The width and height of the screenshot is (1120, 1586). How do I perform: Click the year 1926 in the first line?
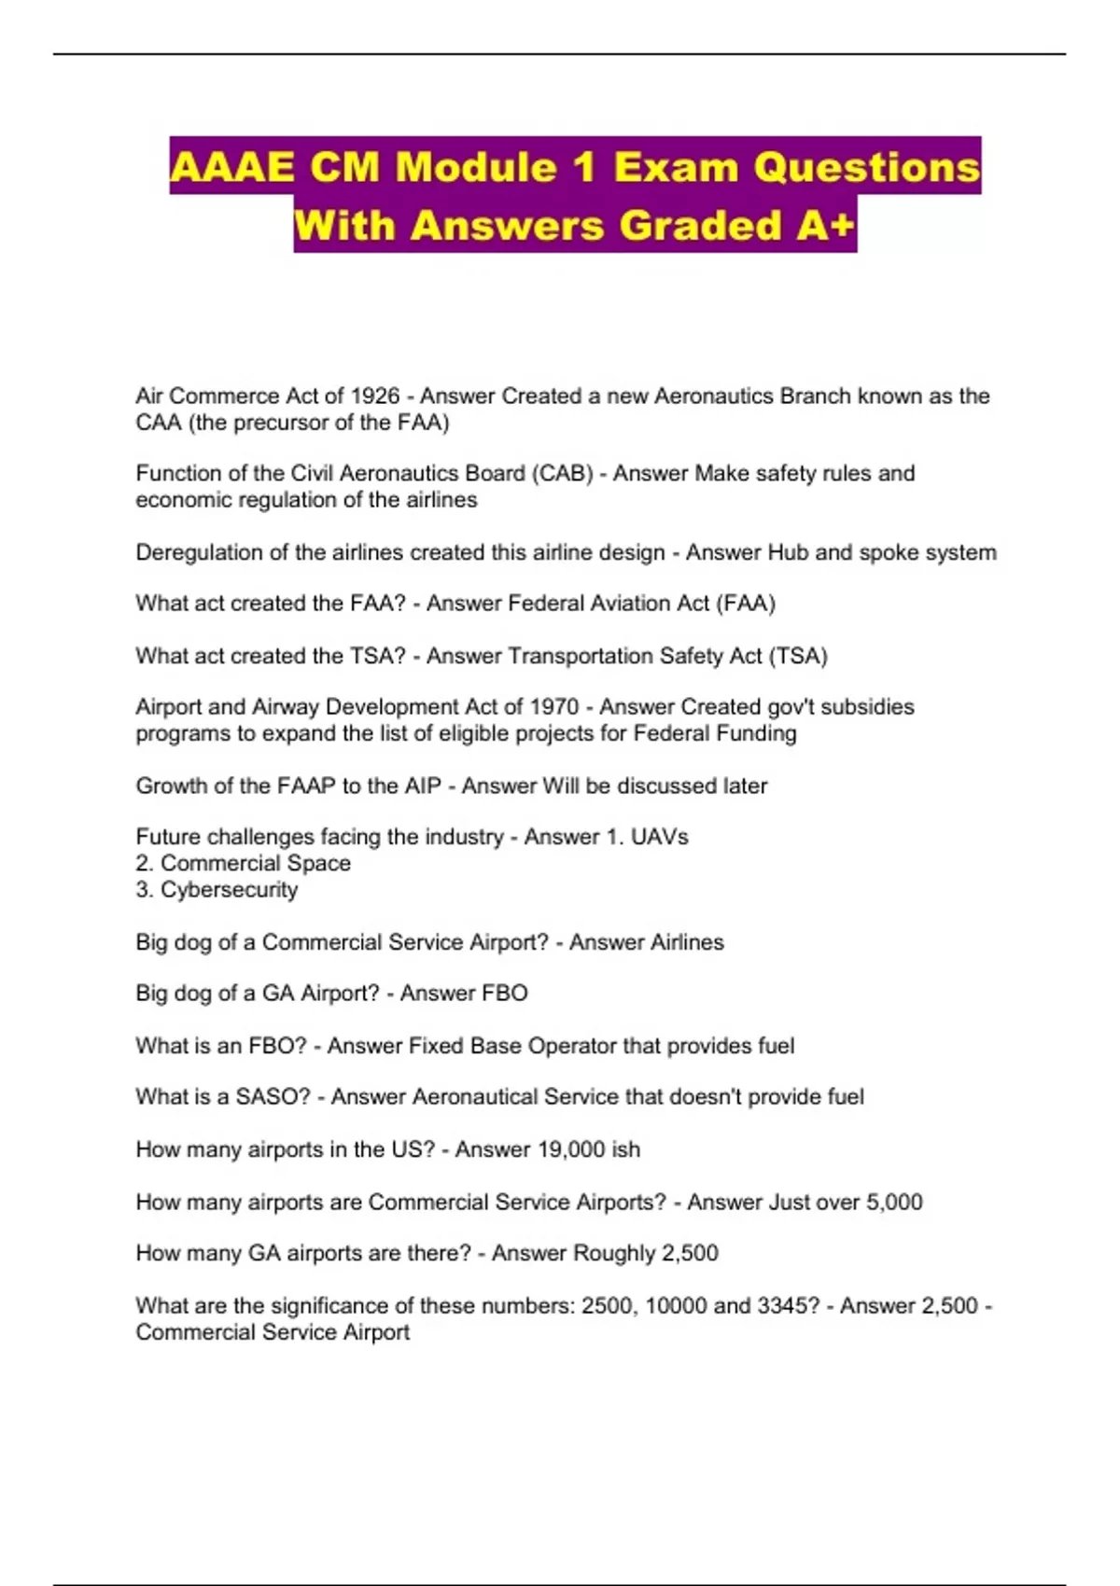point(374,396)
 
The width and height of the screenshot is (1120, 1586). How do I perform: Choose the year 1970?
point(553,706)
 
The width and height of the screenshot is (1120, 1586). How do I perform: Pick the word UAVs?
point(659,837)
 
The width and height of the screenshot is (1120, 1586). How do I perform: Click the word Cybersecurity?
point(229,889)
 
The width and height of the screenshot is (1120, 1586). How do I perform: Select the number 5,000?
point(894,1202)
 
